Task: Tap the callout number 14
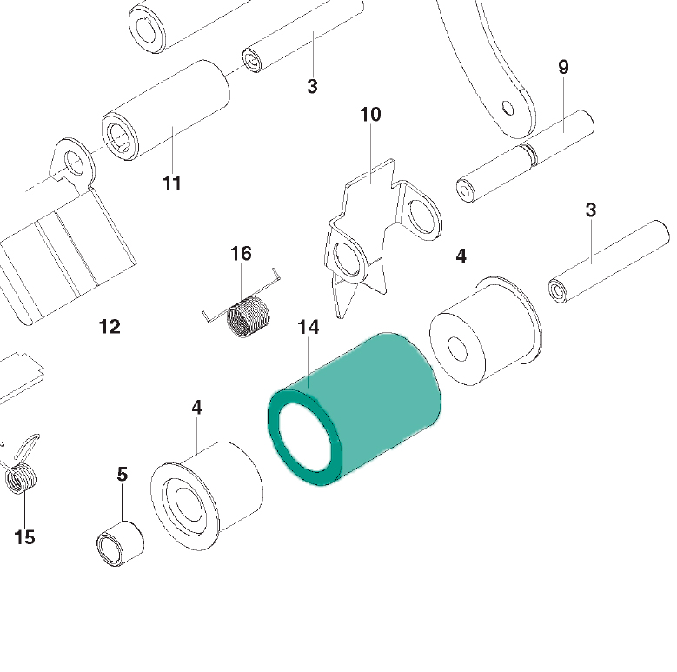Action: pyautogui.click(x=309, y=328)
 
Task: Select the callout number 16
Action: pyautogui.click(x=241, y=254)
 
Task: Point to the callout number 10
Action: pyautogui.click(x=370, y=115)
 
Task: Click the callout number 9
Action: pyautogui.click(x=563, y=67)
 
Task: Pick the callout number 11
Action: pyautogui.click(x=172, y=183)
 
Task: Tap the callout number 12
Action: pyautogui.click(x=110, y=327)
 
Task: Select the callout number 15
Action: pyautogui.click(x=24, y=537)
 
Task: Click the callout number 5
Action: pyautogui.click(x=123, y=474)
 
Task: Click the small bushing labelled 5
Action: pyautogui.click(x=120, y=543)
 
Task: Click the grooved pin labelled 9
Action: pyautogui.click(x=526, y=156)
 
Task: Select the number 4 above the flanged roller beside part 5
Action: pyautogui.click(x=197, y=407)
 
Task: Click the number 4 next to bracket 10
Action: pyautogui.click(x=461, y=256)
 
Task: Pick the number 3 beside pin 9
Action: pyautogui.click(x=591, y=210)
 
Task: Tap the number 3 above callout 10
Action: pyautogui.click(x=313, y=86)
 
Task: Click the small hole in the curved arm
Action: pyautogui.click(x=508, y=108)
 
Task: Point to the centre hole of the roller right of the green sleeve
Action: pyautogui.click(x=458, y=349)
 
